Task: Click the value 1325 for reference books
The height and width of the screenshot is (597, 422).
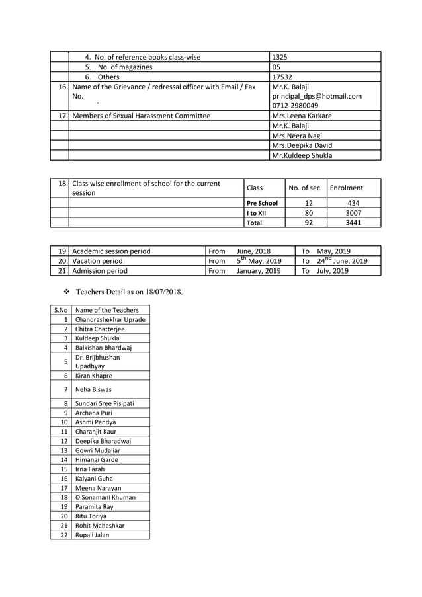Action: point(280,57)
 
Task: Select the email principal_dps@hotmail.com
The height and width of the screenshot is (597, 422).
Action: point(317,96)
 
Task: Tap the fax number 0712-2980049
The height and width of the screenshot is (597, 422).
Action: point(295,106)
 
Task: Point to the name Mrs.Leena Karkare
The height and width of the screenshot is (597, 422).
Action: point(302,116)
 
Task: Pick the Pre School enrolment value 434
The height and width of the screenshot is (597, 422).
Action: point(353,203)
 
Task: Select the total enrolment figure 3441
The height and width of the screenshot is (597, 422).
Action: point(353,223)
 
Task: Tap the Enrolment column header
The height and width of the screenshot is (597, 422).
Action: point(347,188)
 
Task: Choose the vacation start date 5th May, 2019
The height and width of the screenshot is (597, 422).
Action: point(259,260)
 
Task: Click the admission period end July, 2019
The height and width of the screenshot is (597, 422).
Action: point(333,270)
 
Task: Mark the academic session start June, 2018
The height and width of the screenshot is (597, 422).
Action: point(253,251)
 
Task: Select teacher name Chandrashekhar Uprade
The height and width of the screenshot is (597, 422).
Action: point(110,319)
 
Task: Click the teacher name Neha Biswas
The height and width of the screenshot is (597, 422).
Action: point(93,389)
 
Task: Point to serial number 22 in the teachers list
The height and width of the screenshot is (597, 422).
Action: point(64,535)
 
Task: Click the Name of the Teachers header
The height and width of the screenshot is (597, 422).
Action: point(107,310)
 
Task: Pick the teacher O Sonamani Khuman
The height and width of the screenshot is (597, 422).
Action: point(106,497)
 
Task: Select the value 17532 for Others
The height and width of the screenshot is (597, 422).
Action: point(282,77)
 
